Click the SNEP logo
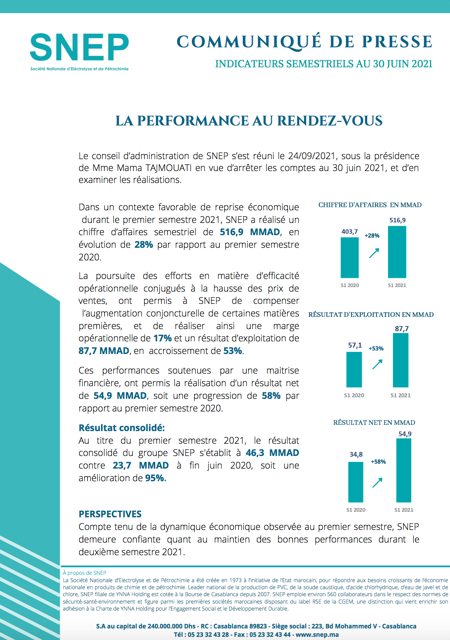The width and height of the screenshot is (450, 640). [79, 52]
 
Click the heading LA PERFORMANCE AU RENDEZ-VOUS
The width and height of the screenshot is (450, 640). [249, 121]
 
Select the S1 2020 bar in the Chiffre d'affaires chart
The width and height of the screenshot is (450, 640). [350, 258]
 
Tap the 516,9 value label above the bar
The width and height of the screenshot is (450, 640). [398, 220]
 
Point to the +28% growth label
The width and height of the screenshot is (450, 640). [372, 236]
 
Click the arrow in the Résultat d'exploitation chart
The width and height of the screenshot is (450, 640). [377, 365]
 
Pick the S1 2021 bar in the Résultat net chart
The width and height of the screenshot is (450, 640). [404, 470]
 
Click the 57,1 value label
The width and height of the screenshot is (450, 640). [355, 345]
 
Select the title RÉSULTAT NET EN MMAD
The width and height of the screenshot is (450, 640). [374, 422]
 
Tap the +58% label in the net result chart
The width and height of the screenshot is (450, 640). [378, 462]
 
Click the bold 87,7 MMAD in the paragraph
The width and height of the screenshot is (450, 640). [104, 351]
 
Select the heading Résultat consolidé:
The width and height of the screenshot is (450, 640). [122, 428]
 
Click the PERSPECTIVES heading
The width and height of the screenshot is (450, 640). [110, 514]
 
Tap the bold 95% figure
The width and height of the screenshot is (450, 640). [156, 478]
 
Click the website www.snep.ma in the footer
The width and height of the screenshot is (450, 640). [317, 634]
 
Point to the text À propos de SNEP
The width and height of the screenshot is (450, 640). [85, 573]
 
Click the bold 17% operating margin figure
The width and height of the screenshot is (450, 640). [162, 338]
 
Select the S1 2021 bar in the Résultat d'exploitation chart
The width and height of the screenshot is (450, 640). [401, 360]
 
